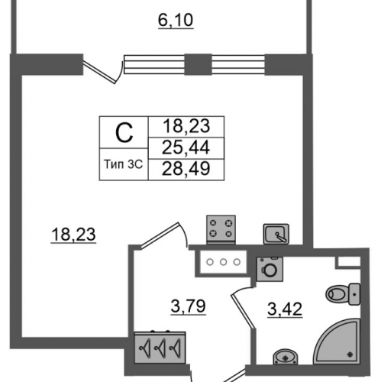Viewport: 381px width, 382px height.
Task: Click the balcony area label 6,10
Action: pos(176,21)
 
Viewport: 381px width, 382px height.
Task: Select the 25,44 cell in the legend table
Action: pos(186,147)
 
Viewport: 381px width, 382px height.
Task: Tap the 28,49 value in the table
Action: pos(186,169)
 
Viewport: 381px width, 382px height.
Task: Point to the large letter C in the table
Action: pos(124,133)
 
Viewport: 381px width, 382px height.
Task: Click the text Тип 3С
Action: pos(124,164)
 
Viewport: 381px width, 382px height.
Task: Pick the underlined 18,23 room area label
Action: pos(73,235)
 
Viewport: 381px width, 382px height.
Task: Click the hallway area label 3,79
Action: pos(188,306)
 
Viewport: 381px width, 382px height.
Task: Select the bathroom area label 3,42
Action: pos(285,309)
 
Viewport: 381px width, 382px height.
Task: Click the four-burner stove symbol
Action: pos(221,229)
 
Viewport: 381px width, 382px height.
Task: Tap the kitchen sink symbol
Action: pos(276,234)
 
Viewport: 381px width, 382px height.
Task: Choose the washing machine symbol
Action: pos(270,269)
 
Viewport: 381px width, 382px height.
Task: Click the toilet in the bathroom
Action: pos(343,294)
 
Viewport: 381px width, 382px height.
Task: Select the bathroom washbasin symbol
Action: pos(285,357)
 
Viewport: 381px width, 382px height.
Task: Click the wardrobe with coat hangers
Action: pos(160,348)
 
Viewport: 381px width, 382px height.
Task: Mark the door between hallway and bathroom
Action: pos(243,308)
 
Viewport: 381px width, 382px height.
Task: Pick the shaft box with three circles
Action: pos(223,262)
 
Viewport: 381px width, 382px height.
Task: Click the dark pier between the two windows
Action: pos(198,64)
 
